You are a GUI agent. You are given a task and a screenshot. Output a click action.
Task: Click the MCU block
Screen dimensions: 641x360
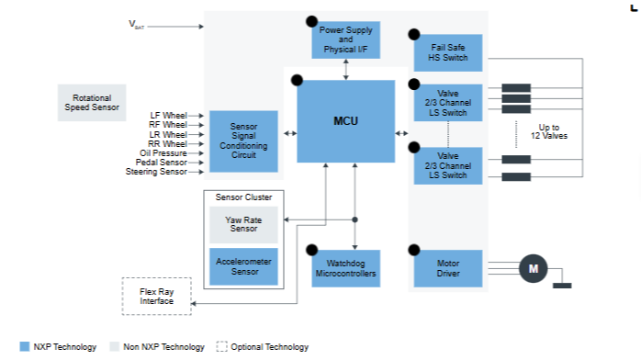pyautogui.click(x=346, y=121)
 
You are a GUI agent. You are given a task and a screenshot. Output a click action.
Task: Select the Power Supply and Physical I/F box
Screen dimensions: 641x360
pyautogui.click(x=346, y=39)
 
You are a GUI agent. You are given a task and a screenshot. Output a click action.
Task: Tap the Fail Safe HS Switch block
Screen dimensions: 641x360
pyautogui.click(x=448, y=52)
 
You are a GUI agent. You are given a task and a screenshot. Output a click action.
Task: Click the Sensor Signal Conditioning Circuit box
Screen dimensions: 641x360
pyautogui.click(x=243, y=141)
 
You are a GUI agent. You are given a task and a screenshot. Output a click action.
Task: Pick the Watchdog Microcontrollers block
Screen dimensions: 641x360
pyautogui.click(x=346, y=268)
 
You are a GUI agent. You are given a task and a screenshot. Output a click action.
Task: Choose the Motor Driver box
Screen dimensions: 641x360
pyautogui.click(x=448, y=268)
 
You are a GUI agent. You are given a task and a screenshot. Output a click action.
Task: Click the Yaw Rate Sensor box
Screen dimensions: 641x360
pyautogui.click(x=243, y=225)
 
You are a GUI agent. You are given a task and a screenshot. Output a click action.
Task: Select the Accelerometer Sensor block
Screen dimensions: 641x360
pyautogui.click(x=243, y=266)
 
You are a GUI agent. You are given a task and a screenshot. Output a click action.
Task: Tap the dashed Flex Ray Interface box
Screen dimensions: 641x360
pyautogui.click(x=156, y=297)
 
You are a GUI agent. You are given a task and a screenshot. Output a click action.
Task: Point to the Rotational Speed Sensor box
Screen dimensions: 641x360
pyautogui.click(x=92, y=103)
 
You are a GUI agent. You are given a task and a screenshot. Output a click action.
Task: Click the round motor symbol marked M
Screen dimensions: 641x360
pyautogui.click(x=533, y=268)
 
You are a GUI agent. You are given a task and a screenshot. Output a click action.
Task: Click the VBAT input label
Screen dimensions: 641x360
pyautogui.click(x=137, y=25)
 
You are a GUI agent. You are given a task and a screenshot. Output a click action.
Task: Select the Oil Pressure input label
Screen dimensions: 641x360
pyautogui.click(x=163, y=152)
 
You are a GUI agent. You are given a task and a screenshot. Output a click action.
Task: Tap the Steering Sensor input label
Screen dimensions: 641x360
pyautogui.click(x=156, y=172)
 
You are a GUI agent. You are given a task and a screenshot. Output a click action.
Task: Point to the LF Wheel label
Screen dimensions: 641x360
pyautogui.click(x=168, y=116)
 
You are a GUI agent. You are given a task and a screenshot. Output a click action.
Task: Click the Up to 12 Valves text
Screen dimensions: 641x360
pyautogui.click(x=549, y=131)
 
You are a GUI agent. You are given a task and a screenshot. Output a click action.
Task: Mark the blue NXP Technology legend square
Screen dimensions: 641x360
pyautogui.click(x=25, y=346)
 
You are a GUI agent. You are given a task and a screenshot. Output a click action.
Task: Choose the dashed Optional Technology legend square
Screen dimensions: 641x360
pyautogui.click(x=221, y=346)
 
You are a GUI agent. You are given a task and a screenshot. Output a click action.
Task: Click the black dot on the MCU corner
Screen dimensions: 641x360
pyautogui.click(x=297, y=80)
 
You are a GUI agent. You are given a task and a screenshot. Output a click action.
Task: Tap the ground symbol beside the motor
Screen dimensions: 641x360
pyautogui.click(x=562, y=286)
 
